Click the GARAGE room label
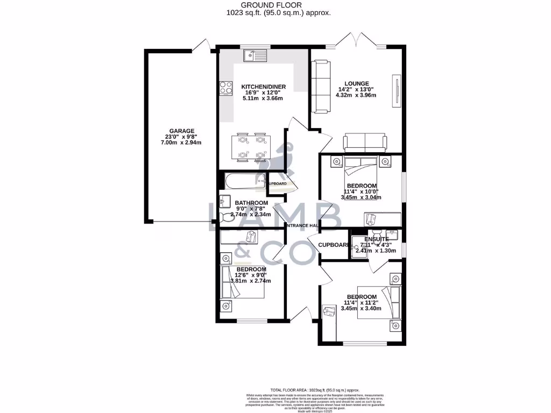181,130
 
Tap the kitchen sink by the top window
255,55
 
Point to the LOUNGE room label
357,83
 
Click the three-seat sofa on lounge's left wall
321,86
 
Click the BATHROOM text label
251,203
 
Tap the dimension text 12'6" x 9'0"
251,275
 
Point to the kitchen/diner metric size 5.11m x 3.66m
263,98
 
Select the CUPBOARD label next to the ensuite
334,245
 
